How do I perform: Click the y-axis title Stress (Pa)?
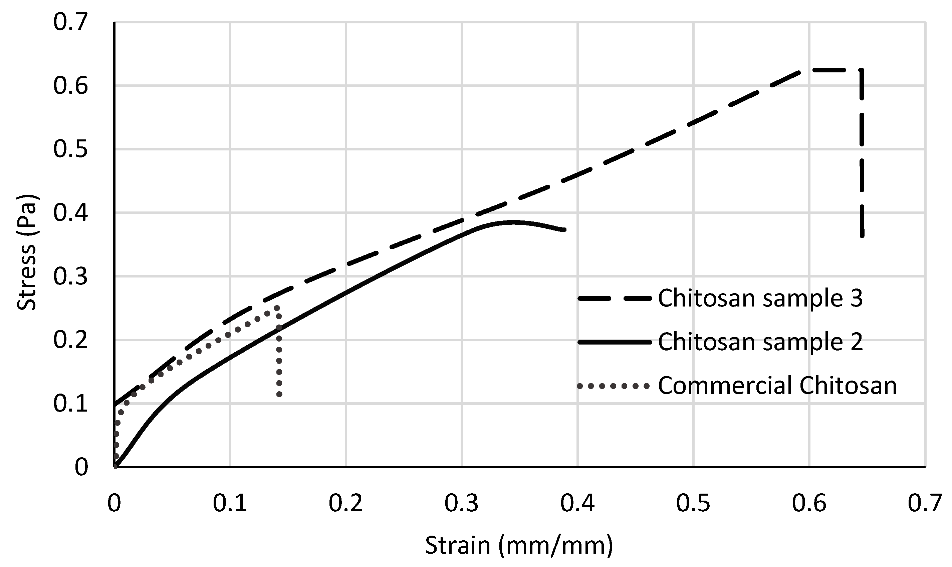point(27,252)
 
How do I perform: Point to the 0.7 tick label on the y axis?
point(70,22)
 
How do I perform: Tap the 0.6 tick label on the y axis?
point(70,86)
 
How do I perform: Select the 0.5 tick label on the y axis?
point(70,149)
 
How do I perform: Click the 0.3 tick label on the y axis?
point(70,276)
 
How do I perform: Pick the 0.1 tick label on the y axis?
point(70,404)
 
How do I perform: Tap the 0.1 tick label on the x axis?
point(230,503)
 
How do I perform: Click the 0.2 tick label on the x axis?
point(345,503)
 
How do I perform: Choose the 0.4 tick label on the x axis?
point(577,503)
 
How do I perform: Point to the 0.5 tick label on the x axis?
point(693,503)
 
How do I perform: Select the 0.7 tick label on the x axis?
point(925,503)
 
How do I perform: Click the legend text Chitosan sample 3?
point(760,298)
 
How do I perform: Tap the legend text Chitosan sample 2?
point(760,342)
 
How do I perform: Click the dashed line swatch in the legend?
point(615,299)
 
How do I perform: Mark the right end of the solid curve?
point(564,229)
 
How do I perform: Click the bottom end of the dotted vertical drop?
point(279,394)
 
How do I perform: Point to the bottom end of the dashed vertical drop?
point(862,236)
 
